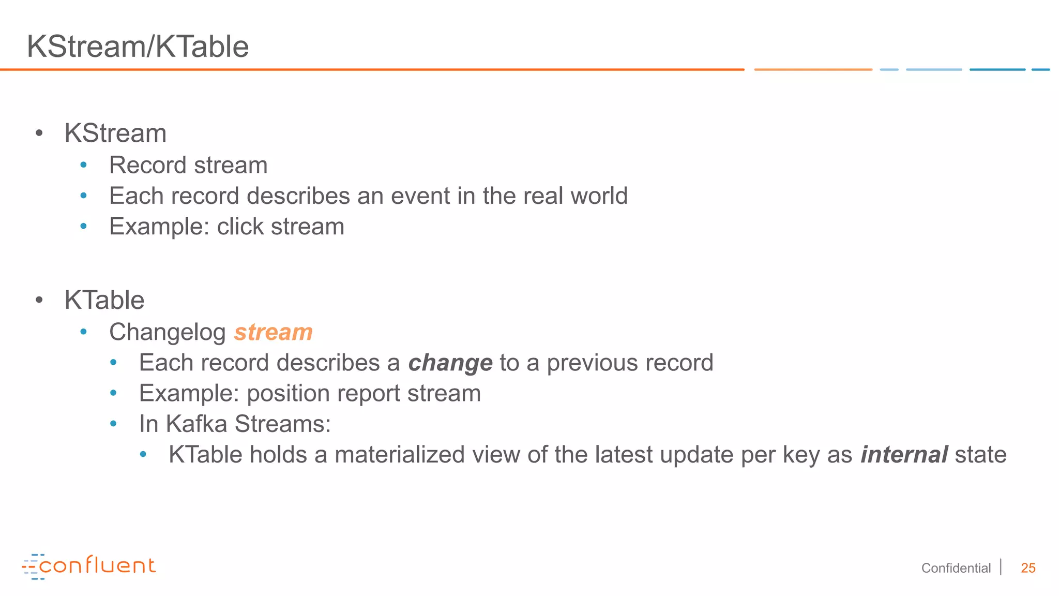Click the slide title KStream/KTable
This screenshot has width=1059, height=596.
(138, 47)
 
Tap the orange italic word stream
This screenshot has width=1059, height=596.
(273, 332)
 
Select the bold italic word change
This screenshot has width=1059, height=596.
(450, 363)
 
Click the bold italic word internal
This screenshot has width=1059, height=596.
(903, 455)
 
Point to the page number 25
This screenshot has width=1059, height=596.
(1028, 568)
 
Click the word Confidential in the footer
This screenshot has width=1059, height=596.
(956, 568)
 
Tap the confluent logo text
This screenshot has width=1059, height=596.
(97, 565)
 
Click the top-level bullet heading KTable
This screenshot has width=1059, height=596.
(104, 300)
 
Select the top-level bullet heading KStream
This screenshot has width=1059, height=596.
(115, 133)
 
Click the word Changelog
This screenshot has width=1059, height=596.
(167, 332)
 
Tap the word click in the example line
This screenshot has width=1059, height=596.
(240, 227)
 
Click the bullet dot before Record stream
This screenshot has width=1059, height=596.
(83, 166)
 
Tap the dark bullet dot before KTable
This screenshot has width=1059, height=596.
(39, 300)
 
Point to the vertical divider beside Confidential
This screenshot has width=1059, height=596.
(1001, 567)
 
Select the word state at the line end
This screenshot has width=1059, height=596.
(980, 455)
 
